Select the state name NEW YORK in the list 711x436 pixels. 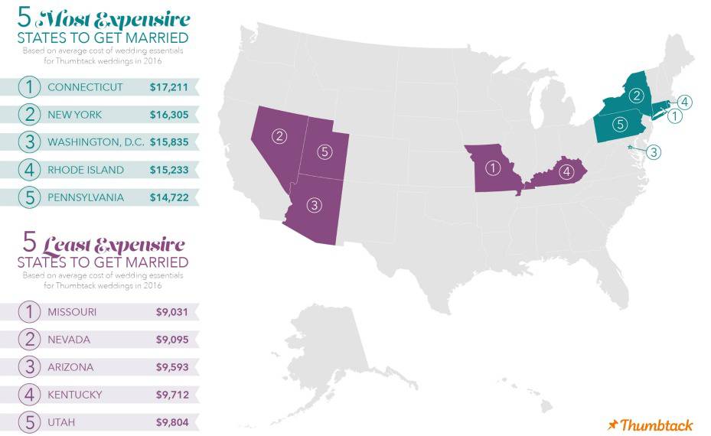(74, 115)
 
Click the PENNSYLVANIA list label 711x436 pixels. (85, 197)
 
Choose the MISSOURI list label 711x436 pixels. (72, 312)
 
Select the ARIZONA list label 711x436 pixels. (70, 367)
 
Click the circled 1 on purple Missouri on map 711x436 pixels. (494, 168)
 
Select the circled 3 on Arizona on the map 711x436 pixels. (314, 204)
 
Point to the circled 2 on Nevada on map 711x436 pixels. (280, 137)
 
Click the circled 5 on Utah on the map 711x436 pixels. (325, 151)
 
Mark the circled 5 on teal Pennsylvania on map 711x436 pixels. (621, 124)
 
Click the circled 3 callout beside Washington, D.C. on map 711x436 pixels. (653, 152)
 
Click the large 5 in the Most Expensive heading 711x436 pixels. (25, 18)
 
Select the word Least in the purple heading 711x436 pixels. (73, 245)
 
